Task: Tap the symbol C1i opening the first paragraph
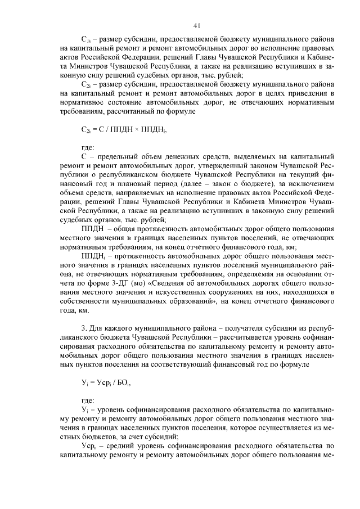click(86, 41)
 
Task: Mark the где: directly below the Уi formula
click(88, 401)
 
